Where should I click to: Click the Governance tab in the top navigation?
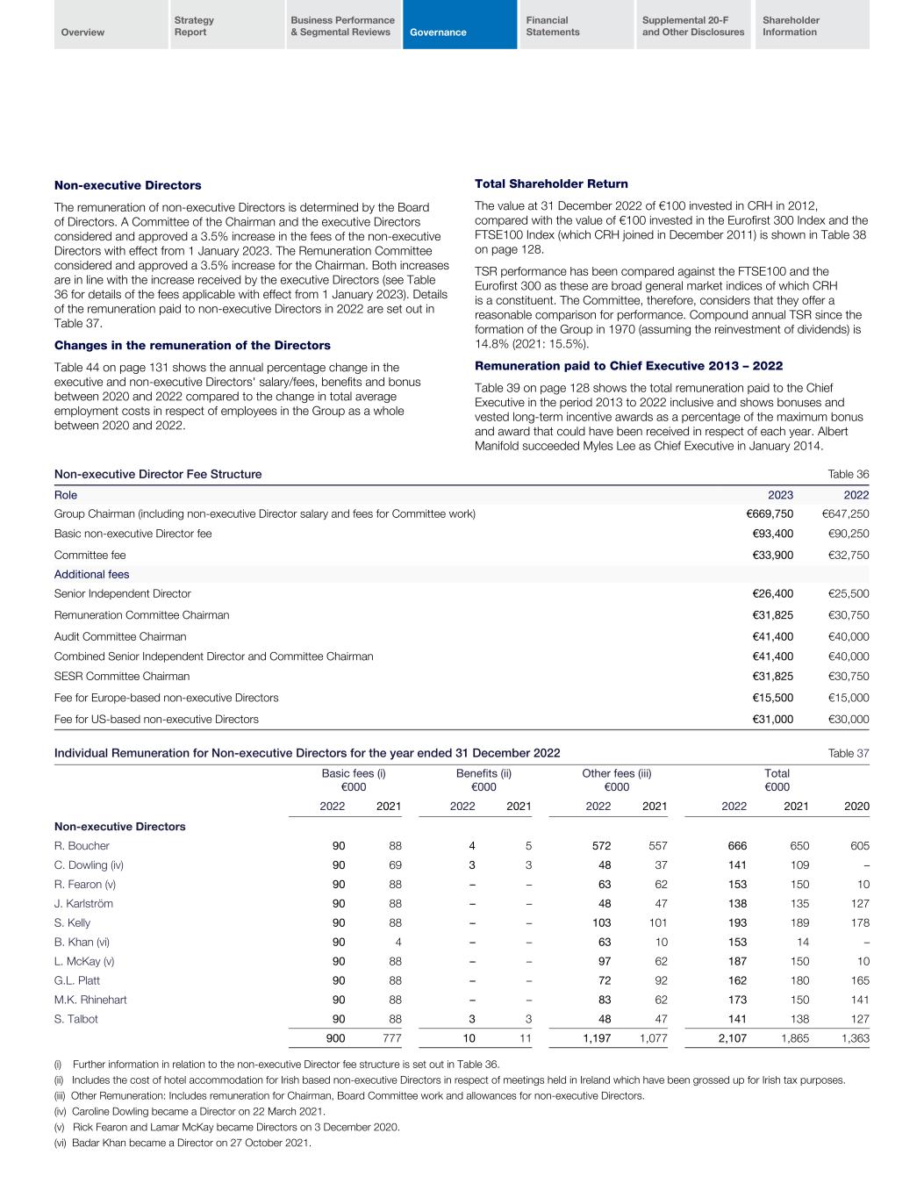(x=439, y=32)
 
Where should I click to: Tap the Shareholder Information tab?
(x=791, y=25)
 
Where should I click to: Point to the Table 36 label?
(x=849, y=474)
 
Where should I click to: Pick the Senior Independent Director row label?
(x=122, y=594)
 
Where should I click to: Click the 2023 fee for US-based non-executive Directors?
(x=773, y=719)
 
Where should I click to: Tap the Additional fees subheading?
(x=91, y=574)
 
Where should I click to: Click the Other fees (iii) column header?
(x=617, y=773)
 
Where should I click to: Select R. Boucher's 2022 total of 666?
(x=737, y=846)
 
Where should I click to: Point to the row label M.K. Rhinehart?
(x=90, y=1000)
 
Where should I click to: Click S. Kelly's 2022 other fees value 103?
(x=600, y=922)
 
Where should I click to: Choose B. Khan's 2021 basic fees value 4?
(x=398, y=942)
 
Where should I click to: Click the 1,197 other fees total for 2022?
(x=597, y=1038)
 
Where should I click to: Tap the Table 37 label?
(x=849, y=753)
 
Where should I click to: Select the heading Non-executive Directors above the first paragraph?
(x=127, y=185)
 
